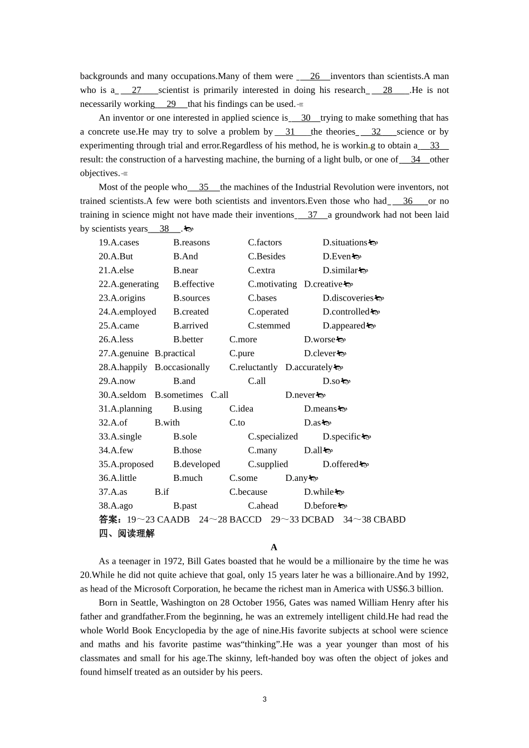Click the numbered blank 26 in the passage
315,76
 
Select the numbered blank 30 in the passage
306,118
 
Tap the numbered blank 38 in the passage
164,229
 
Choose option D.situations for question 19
345,243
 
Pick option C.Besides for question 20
267,257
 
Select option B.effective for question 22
194,284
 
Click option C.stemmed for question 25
269,326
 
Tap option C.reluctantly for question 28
253,367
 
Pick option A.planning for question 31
125,409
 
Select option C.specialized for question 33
273,436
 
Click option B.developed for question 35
197,464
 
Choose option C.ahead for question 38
263,506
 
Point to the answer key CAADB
173,520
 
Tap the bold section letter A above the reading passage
274,548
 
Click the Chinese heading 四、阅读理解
126,534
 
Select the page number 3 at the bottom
264,700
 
